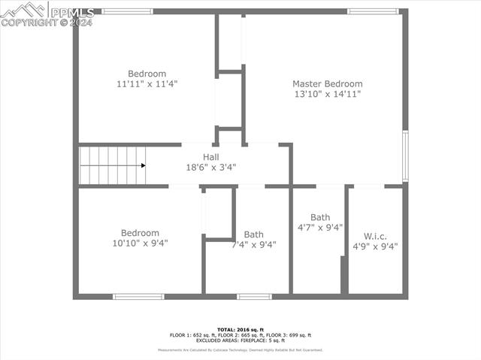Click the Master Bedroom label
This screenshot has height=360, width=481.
click(327, 83)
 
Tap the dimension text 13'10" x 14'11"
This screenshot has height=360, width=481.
click(327, 94)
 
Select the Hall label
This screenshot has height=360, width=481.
click(211, 156)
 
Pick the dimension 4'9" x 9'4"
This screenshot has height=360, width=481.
click(375, 246)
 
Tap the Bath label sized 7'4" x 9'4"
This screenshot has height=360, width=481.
click(253, 234)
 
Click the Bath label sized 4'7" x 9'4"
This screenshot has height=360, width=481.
click(320, 217)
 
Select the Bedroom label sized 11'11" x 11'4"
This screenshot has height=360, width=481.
click(147, 74)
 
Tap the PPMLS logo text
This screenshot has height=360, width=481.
click(71, 12)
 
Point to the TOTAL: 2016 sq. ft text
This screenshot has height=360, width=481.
click(240, 329)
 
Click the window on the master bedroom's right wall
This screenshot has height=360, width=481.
click(404, 156)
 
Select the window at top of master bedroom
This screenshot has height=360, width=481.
click(373, 11)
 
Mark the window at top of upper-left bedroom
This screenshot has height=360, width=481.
click(127, 11)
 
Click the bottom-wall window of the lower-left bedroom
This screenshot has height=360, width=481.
click(138, 297)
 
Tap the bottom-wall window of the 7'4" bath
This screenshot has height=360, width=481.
click(254, 297)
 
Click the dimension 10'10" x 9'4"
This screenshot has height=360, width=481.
click(140, 244)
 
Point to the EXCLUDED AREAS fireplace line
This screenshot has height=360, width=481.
click(240, 340)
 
